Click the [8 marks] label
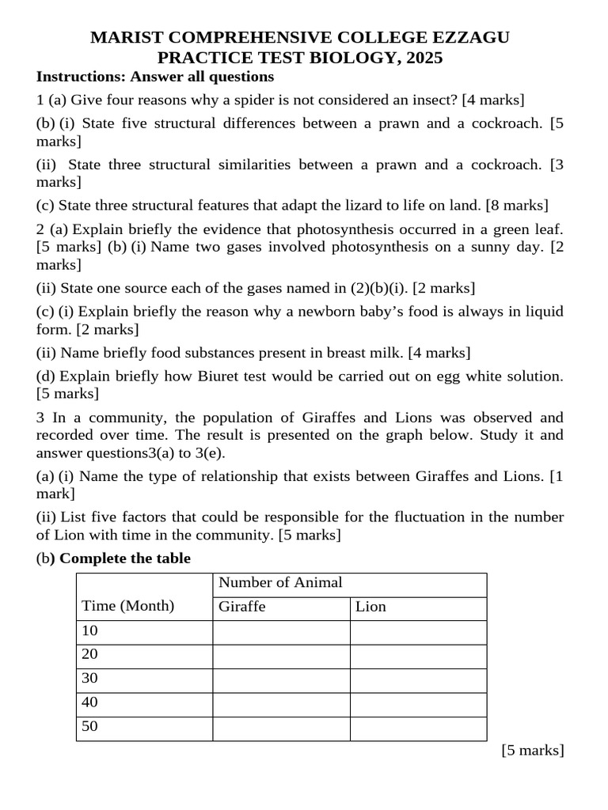tap(517, 206)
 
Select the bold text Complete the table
tap(125, 558)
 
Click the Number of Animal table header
tap(280, 583)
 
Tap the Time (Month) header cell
tap(127, 607)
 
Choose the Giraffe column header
tap(241, 607)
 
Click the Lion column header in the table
tap(370, 607)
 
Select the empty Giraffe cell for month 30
tap(281, 679)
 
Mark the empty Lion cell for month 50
tap(418, 728)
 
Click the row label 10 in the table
tap(89, 631)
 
